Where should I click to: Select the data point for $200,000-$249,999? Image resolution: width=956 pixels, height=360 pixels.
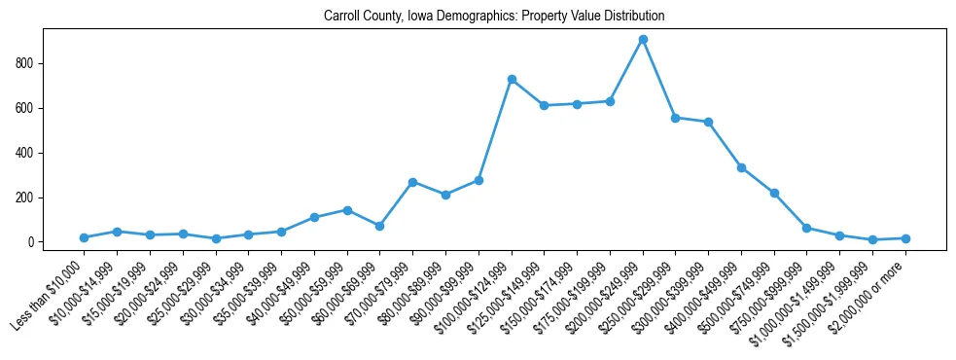pyautogui.click(x=643, y=40)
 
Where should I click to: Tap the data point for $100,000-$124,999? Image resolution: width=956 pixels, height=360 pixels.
pyautogui.click(x=512, y=79)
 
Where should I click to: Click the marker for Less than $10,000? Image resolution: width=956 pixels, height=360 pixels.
pyautogui.click(x=84, y=237)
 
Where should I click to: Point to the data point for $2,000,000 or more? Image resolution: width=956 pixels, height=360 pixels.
pyautogui.click(x=905, y=238)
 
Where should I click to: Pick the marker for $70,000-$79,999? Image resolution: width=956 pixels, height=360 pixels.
pyautogui.click(x=412, y=182)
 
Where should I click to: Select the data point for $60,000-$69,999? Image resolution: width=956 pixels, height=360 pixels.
pyautogui.click(x=379, y=226)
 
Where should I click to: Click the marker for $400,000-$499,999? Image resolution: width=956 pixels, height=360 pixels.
pyautogui.click(x=741, y=167)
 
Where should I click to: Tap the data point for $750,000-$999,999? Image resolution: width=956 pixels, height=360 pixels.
pyautogui.click(x=807, y=228)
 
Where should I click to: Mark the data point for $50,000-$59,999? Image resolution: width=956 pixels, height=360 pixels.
pyautogui.click(x=347, y=210)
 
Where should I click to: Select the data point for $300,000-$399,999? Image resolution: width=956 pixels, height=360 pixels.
pyautogui.click(x=708, y=122)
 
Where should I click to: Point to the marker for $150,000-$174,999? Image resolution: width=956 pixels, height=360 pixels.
pyautogui.click(x=577, y=104)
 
